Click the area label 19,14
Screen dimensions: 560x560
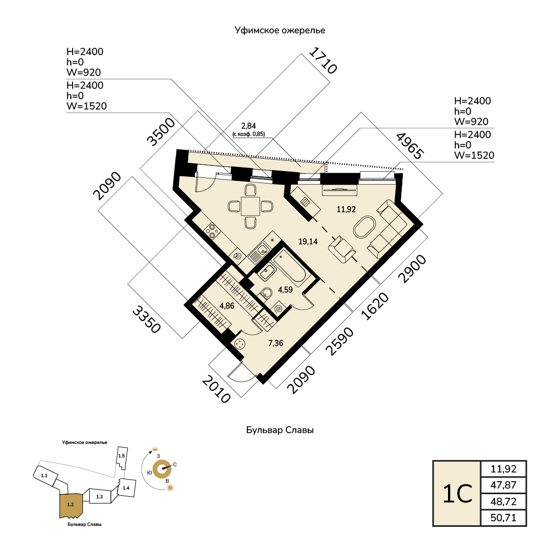[309, 241]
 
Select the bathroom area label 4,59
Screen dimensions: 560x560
[286, 290]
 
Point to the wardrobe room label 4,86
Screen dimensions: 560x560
[227, 305]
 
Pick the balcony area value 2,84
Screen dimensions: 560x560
[249, 126]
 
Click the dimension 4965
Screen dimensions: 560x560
[410, 146]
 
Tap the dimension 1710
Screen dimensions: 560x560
[323, 60]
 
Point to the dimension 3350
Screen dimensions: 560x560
[145, 319]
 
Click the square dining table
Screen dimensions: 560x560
[250, 206]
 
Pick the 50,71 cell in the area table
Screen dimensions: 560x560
[504, 518]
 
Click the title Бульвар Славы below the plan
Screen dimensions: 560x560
[280, 430]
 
